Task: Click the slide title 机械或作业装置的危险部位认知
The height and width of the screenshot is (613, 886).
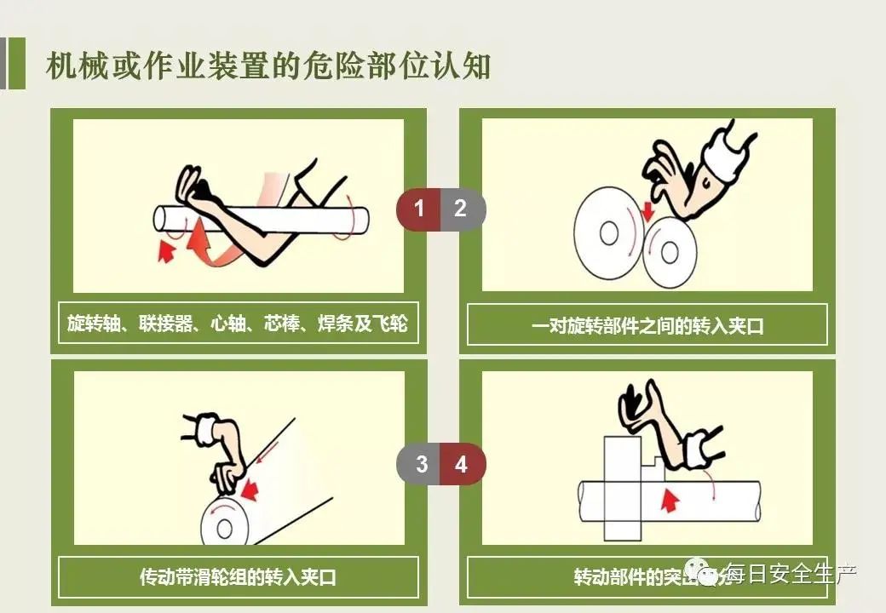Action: pyautogui.click(x=268, y=66)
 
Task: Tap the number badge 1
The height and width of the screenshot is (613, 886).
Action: pyautogui.click(x=418, y=209)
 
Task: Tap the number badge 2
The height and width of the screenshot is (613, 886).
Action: pyautogui.click(x=461, y=209)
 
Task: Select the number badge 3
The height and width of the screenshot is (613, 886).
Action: pyautogui.click(x=421, y=465)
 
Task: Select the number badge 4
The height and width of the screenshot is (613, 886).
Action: pyautogui.click(x=462, y=465)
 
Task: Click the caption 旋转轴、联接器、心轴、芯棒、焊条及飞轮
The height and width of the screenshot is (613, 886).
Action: pyautogui.click(x=238, y=324)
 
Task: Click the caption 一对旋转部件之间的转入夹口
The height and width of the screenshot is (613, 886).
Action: pyautogui.click(x=647, y=325)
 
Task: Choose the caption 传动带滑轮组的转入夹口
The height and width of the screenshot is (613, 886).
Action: pyautogui.click(x=238, y=577)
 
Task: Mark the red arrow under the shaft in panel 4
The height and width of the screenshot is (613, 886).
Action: pyautogui.click(x=670, y=500)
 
